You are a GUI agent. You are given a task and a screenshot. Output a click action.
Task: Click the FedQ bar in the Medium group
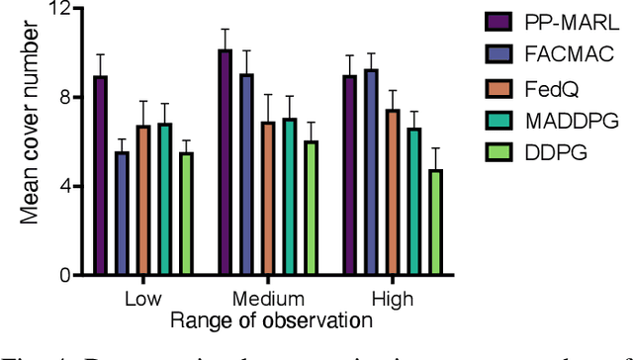point(268,198)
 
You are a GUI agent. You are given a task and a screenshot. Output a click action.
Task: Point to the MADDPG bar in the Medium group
point(289,197)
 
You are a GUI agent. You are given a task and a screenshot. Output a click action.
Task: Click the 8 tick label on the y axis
point(64,97)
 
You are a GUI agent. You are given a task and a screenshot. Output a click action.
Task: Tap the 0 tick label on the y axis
point(64,276)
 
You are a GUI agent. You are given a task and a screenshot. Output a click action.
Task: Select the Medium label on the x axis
point(267,299)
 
